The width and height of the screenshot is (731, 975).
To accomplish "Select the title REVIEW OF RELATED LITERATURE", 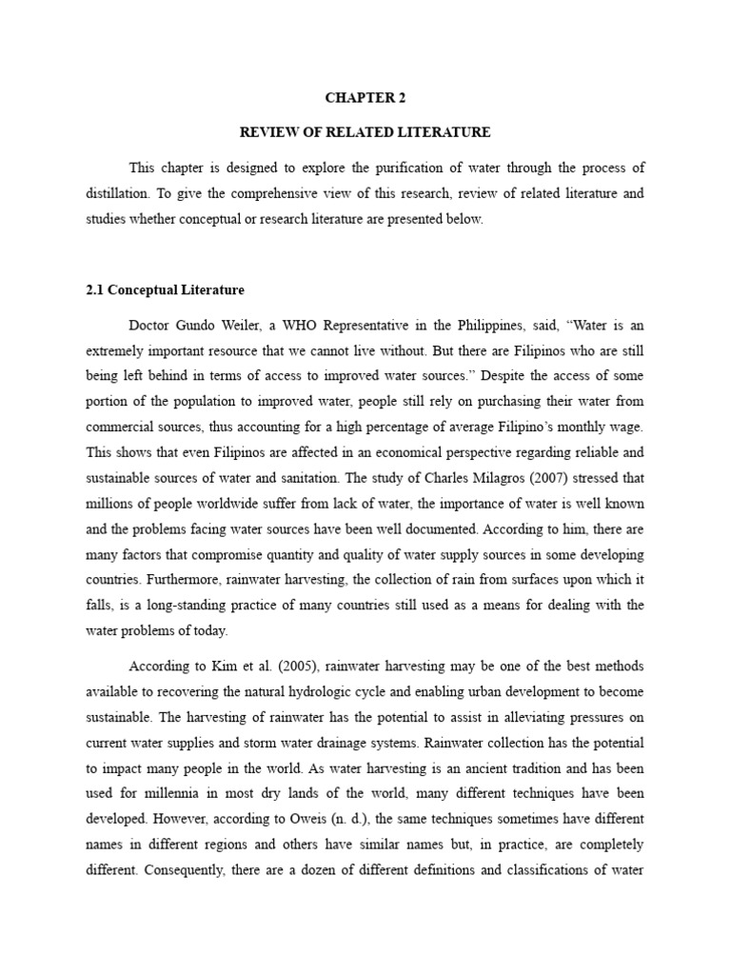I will (365, 131).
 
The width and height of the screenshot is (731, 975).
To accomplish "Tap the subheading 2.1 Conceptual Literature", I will (165, 289).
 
